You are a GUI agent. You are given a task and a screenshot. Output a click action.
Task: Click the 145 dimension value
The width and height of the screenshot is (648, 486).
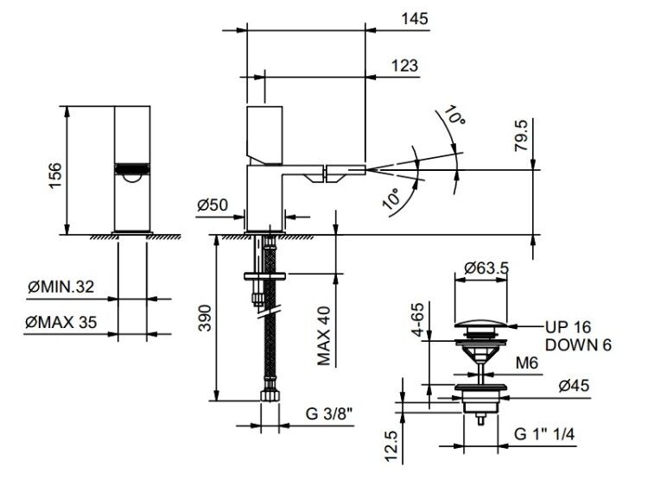coord(415,19)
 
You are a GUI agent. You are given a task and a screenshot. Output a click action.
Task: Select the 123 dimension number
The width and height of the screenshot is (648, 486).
coord(404,66)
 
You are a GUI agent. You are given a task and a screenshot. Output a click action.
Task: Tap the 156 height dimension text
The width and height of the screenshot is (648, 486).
coord(55,175)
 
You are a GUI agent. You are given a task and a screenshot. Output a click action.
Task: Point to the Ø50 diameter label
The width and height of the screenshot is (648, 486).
coord(212,205)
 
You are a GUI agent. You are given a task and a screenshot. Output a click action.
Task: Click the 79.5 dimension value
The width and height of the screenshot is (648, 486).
coord(522,136)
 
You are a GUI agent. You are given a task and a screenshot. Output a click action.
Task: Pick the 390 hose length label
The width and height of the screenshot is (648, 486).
coord(205,318)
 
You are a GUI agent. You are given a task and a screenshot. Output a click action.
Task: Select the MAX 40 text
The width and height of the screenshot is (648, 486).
coord(324,336)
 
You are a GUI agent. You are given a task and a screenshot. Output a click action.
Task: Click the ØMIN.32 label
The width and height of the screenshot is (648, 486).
coord(61,287)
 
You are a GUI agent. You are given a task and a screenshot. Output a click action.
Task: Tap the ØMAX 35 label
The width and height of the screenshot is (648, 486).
coord(61,322)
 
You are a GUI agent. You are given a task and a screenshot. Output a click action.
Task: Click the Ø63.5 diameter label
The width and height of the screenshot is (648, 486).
coord(486,268)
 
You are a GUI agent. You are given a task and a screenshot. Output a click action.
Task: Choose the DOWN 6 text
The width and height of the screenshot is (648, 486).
coord(578,344)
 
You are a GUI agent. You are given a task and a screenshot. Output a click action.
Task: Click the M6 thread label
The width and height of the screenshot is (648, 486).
coord(527,363)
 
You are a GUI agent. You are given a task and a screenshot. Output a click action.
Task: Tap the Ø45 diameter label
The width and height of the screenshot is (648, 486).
coord(574,386)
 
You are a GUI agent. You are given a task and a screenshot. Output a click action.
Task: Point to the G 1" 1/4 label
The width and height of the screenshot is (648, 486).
coord(544,434)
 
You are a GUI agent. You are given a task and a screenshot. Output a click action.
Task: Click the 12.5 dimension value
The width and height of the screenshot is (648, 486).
coord(391,447)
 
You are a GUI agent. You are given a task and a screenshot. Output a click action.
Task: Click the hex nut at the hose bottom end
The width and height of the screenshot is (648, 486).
coord(270,395)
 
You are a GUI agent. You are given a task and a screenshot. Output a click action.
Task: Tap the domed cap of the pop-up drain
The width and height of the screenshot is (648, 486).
coord(480,324)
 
